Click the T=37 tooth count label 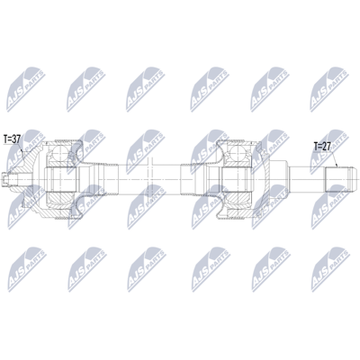click(x=12, y=139)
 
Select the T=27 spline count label click(x=322, y=147)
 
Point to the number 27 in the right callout click(x=326, y=147)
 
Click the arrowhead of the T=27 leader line click(x=337, y=166)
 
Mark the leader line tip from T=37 click(x=22, y=149)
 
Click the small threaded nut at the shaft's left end click(x=5, y=180)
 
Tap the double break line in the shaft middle click(x=150, y=179)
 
